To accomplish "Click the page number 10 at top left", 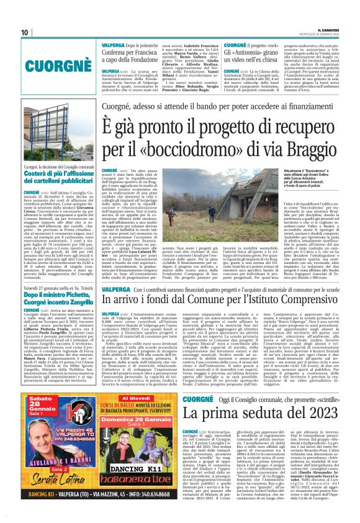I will (x=24, y=32).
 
